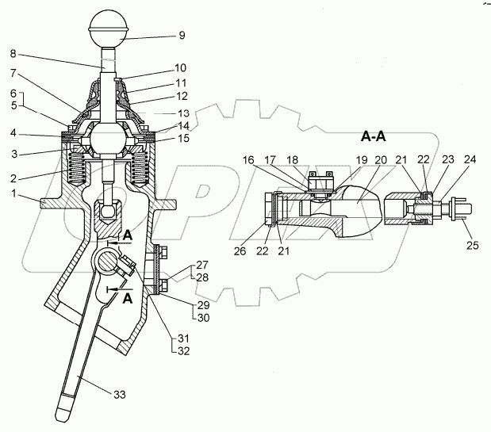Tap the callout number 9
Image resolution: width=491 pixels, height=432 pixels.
coord(182,35)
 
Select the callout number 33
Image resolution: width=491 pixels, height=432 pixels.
coord(119,395)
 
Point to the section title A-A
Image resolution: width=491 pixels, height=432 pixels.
coord(374,136)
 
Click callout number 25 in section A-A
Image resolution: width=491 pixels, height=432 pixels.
coord(473,245)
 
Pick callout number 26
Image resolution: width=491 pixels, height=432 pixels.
coord(240,251)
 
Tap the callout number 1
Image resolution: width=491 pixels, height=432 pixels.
coord(13,193)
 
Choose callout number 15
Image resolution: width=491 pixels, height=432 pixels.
coord(184,138)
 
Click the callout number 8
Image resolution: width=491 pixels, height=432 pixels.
coord(13,53)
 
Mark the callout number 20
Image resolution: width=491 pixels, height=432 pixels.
coord(381,160)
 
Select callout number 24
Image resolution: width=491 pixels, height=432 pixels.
coord(470,159)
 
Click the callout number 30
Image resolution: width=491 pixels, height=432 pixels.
coord(204,318)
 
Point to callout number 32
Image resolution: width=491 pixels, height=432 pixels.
coord(184,351)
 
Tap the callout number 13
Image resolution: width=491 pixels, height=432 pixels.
coord(184,113)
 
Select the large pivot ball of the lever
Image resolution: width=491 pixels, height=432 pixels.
coord(108,138)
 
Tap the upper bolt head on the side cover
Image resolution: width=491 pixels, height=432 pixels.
coord(163,252)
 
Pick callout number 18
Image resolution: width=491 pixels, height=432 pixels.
coord(292,160)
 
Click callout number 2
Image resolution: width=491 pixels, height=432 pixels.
coord(13,178)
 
